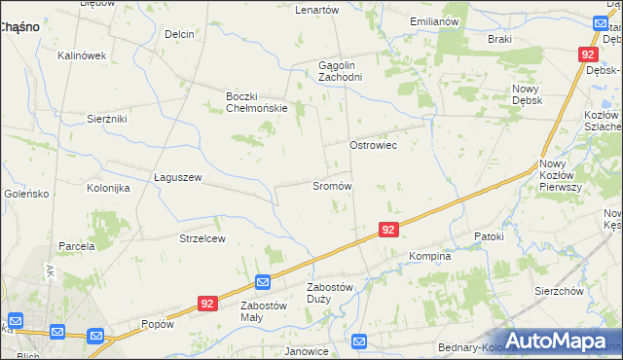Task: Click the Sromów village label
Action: point(331,185)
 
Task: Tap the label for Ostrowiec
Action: point(374,144)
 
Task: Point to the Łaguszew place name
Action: point(177,177)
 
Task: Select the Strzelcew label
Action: point(202,238)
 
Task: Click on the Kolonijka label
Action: point(108,188)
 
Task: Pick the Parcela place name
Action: point(76,246)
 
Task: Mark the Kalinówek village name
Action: point(82,55)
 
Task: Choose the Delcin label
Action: point(180,34)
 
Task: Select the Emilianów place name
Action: point(434,21)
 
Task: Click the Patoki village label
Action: point(489,236)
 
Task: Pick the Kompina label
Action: point(429,256)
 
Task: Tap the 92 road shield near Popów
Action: point(206,304)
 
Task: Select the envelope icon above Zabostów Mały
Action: point(263,282)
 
